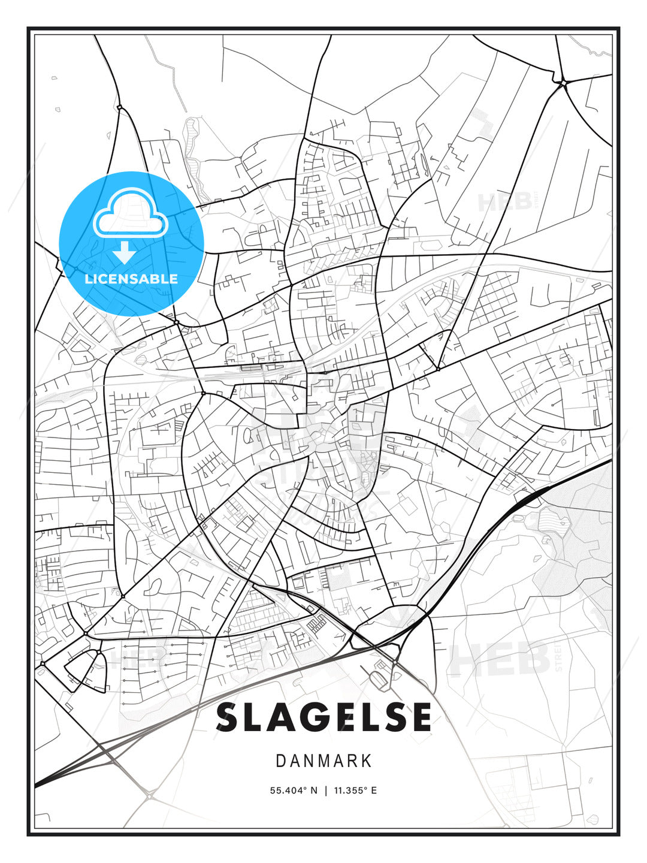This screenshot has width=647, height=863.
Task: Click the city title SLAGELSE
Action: click(x=323, y=717)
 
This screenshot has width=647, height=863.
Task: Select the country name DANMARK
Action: click(x=323, y=761)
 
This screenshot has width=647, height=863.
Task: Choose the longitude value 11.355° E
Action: click(x=354, y=790)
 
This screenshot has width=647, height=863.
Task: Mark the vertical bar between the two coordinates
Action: click(x=326, y=790)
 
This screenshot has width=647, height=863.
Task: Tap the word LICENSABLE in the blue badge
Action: click(x=131, y=279)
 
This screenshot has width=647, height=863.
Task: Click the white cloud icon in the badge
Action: click(x=130, y=214)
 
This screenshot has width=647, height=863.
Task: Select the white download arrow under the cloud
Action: click(x=125, y=252)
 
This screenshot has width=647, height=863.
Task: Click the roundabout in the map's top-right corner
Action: click(x=563, y=82)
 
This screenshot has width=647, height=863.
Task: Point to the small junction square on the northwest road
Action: click(x=119, y=107)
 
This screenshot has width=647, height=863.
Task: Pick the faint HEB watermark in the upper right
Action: click(x=504, y=201)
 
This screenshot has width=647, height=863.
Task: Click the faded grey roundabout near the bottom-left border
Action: click(x=148, y=796)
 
